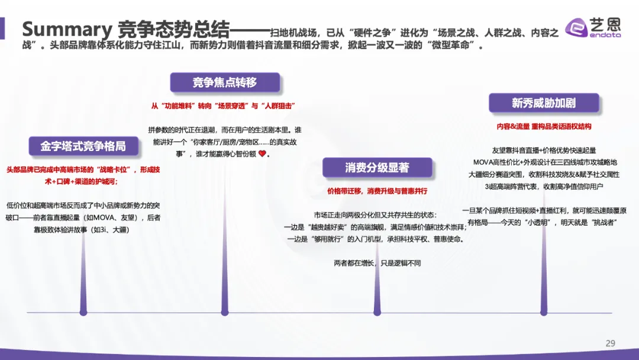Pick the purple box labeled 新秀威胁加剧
[543, 103]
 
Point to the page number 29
[611, 343]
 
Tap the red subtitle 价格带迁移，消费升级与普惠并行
[377, 191]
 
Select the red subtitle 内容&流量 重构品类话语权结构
[544, 126]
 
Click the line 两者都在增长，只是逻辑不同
[377, 263]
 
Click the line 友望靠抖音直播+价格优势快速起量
[544, 150]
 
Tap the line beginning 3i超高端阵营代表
[544, 186]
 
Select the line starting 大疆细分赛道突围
[544, 174]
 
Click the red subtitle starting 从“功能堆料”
[223, 105]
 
